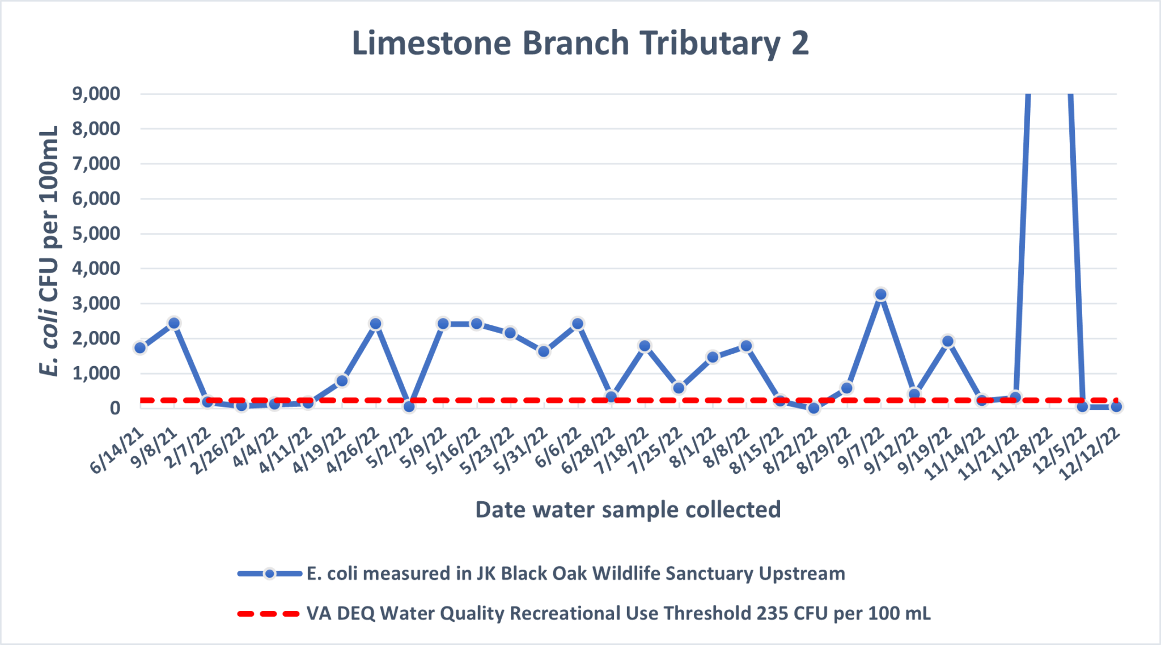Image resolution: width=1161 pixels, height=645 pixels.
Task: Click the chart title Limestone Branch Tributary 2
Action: pyautogui.click(x=580, y=43)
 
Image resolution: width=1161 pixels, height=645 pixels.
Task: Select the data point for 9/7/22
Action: pyautogui.click(x=880, y=294)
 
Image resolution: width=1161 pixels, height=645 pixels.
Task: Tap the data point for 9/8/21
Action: pyautogui.click(x=174, y=323)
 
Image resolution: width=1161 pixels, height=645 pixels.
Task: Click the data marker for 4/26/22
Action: pyautogui.click(x=375, y=324)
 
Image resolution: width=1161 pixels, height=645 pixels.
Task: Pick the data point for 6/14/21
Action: pyautogui.click(x=140, y=348)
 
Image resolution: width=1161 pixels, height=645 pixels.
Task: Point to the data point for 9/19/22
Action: pyautogui.click(x=948, y=341)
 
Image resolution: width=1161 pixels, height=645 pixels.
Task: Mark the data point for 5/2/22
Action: pyautogui.click(x=409, y=406)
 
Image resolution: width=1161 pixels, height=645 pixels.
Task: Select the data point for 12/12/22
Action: pyautogui.click(x=1116, y=406)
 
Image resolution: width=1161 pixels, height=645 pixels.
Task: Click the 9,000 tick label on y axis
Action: pyautogui.click(x=96, y=94)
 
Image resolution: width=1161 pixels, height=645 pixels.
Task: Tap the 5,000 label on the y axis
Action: pyautogui.click(x=96, y=234)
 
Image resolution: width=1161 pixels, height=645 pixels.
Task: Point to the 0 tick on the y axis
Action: pyautogui.click(x=115, y=408)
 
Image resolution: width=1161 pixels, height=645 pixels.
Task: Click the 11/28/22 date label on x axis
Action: pyautogui.click(x=1024, y=454)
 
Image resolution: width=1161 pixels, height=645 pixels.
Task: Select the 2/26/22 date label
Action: pyautogui.click(x=218, y=451)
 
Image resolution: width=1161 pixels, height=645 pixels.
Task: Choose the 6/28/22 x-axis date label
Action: pyautogui.click(x=588, y=451)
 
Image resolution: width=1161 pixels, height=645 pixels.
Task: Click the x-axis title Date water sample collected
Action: pyautogui.click(x=628, y=510)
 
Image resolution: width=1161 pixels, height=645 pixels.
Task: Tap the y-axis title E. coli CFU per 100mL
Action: pyautogui.click(x=49, y=251)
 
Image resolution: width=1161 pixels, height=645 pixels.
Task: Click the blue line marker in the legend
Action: pyautogui.click(x=270, y=574)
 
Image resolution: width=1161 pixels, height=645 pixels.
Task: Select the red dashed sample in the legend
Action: pyautogui.click(x=268, y=613)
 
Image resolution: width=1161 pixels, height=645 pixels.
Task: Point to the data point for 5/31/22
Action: pyautogui.click(x=544, y=351)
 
